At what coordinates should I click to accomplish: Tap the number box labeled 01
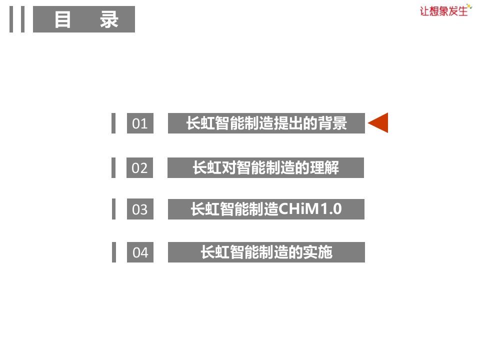point(140,123)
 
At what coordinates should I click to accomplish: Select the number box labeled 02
point(140,168)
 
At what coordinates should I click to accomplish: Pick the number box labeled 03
point(140,209)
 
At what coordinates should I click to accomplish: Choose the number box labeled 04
point(140,252)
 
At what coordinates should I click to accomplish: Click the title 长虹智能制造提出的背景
point(266,123)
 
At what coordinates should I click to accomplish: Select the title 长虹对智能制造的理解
point(265,168)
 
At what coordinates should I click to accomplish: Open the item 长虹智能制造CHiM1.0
point(266,209)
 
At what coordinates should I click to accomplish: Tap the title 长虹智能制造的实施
point(266,252)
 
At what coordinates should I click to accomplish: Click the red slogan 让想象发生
point(444,10)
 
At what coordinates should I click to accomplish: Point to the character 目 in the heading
point(62,20)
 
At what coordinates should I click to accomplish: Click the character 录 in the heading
point(108,20)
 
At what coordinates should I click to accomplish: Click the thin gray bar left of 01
point(113,123)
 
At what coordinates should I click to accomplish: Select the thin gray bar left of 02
point(113,167)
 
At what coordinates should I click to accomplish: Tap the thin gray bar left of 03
point(113,209)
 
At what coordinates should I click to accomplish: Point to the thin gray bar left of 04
point(113,252)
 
